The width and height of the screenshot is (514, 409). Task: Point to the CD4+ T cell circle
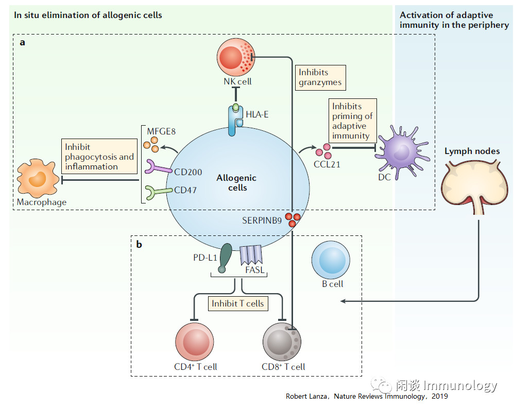[195, 342]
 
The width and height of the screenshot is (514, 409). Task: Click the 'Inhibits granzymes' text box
[319, 77]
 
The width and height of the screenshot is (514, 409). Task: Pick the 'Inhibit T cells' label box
[237, 303]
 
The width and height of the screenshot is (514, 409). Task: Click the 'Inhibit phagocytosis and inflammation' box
[99, 157]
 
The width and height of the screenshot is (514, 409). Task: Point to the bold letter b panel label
[139, 244]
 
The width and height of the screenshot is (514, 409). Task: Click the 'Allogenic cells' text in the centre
[236, 183]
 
